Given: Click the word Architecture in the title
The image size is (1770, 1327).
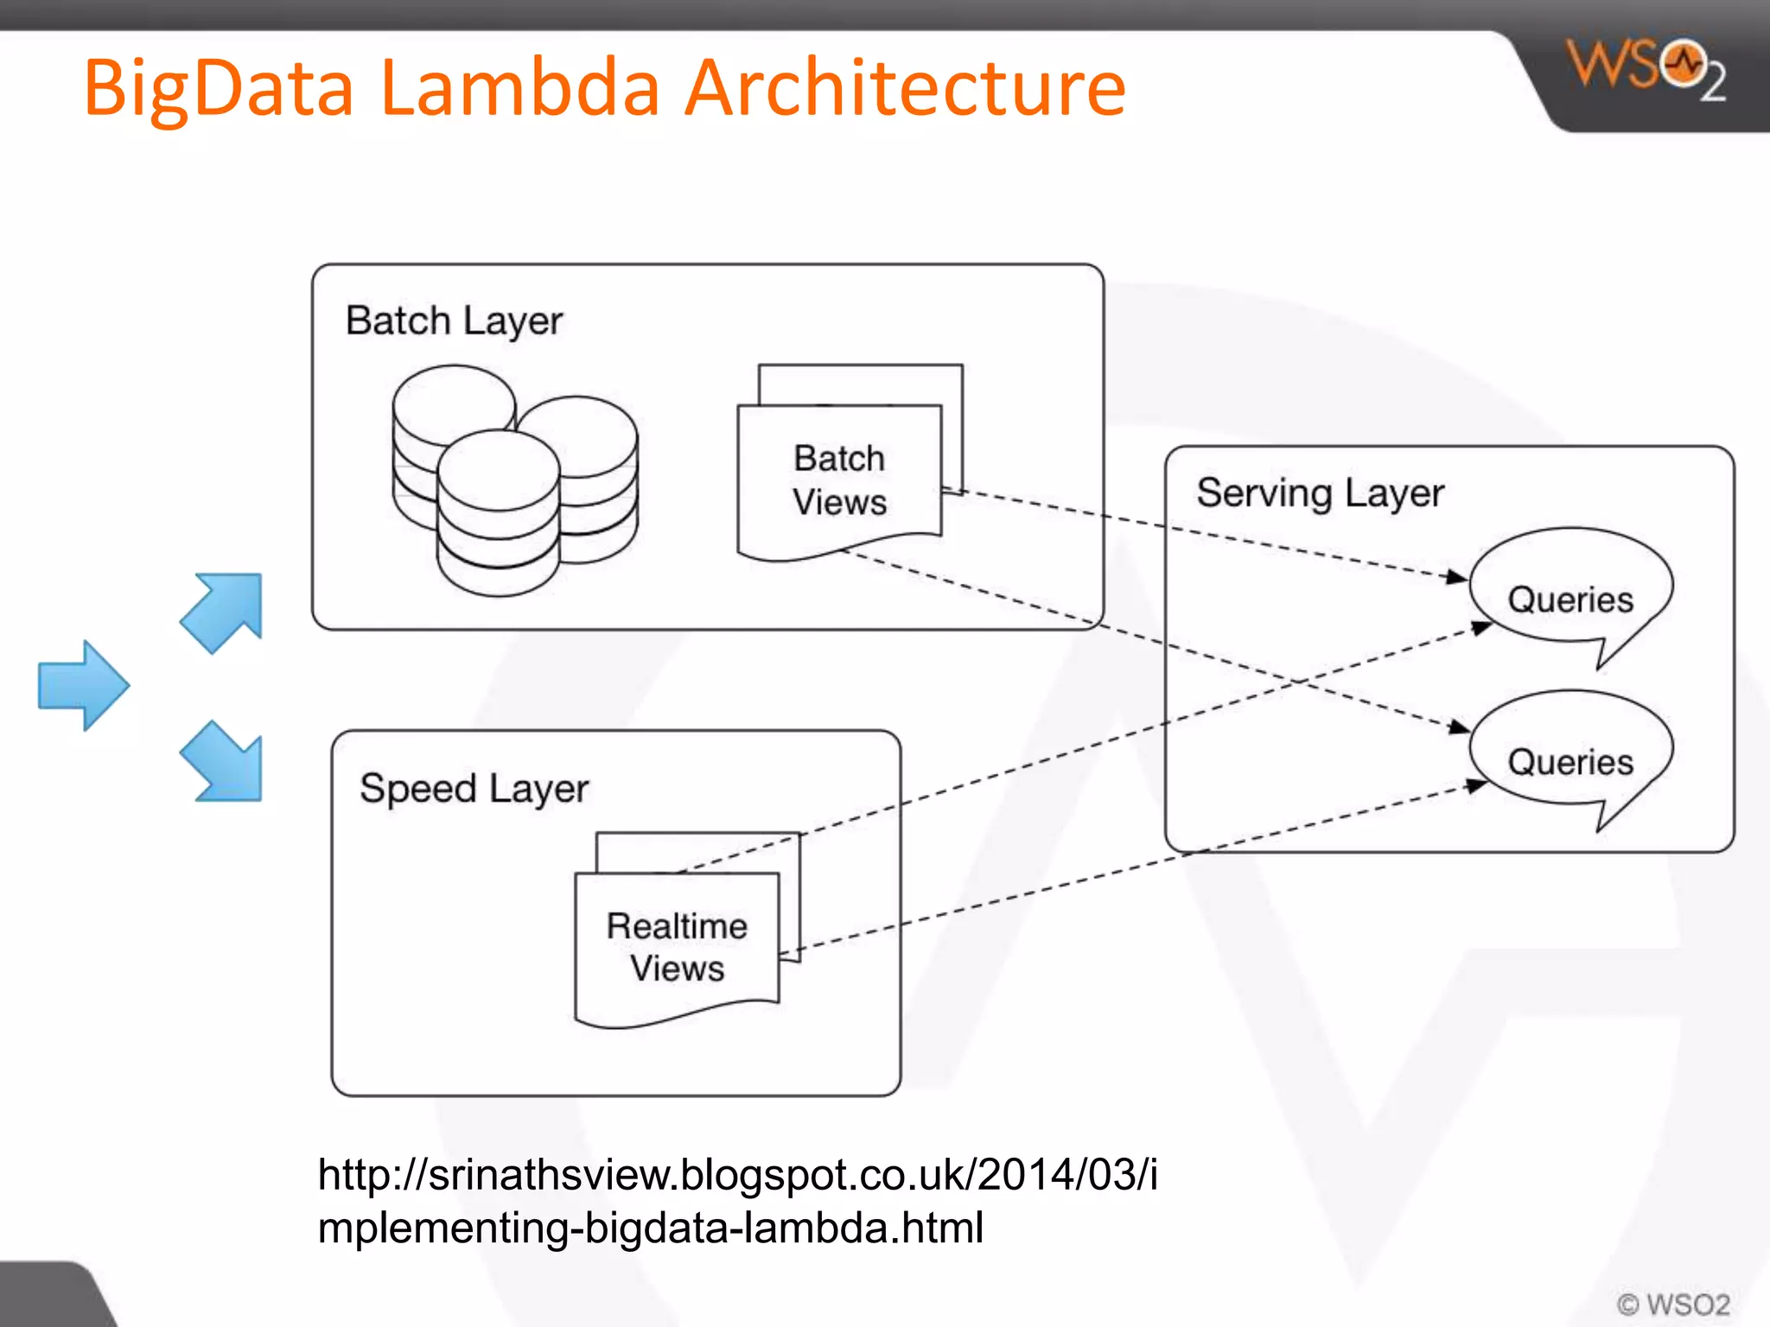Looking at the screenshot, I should click(905, 88).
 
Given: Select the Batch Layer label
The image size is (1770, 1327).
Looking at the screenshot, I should click(454, 321).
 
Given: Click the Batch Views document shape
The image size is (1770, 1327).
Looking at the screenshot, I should click(839, 480).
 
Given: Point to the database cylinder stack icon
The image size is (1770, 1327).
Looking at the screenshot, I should click(513, 479).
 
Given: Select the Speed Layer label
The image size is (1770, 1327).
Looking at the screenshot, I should click(474, 789).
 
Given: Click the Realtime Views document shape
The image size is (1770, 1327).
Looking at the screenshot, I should click(677, 947).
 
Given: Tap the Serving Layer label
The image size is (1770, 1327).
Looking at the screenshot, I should click(1320, 493).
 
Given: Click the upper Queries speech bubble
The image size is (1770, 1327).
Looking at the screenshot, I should click(1570, 596).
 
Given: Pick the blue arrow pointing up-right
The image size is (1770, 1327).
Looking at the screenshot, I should click(223, 611).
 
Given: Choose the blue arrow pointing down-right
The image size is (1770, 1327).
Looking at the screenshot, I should click(223, 762).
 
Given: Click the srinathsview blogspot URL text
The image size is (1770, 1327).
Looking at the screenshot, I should click(736, 1201).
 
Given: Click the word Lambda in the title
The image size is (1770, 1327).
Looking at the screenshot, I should click(519, 88).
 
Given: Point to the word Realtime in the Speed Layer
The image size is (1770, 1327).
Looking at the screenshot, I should click(677, 926).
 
